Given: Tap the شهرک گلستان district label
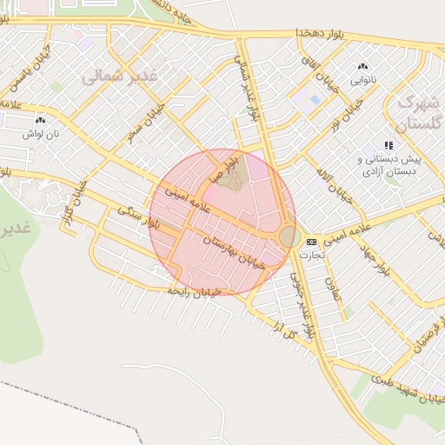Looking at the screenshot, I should (419, 112).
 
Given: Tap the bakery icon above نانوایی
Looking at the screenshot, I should (362, 67).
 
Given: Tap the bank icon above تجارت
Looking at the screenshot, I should (311, 242).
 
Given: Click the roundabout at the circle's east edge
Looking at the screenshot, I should (288, 236).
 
